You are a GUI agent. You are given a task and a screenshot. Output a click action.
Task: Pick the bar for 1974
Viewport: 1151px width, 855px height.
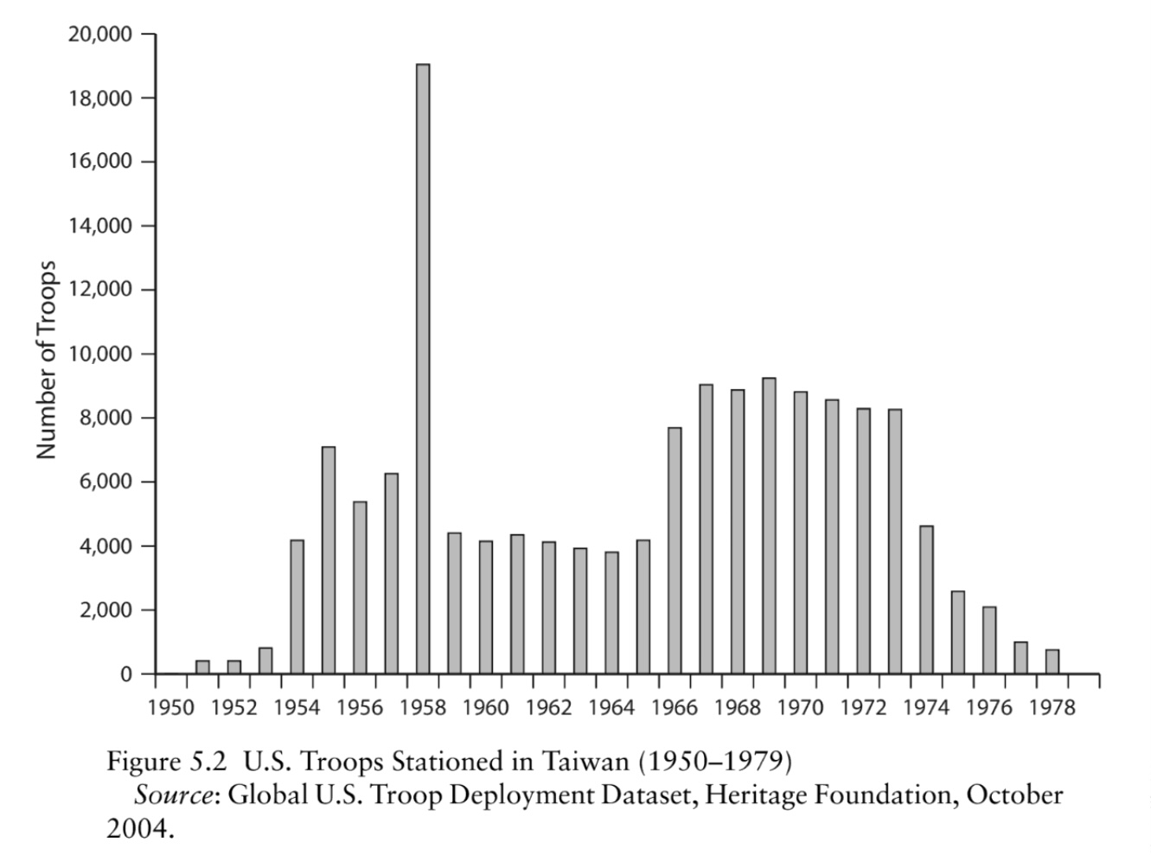[926, 600]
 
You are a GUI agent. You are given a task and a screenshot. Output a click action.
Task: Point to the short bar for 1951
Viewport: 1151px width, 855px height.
[202, 667]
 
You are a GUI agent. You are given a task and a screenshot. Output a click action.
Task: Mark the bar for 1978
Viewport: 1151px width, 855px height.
[1052, 662]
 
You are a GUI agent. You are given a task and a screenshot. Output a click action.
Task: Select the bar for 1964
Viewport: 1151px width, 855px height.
[611, 613]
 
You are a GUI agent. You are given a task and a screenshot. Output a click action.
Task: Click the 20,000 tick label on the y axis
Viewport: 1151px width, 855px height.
[99, 35]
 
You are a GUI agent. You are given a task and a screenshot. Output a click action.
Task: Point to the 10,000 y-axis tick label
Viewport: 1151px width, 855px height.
[99, 354]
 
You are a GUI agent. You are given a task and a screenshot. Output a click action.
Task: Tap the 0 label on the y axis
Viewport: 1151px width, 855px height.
[125, 674]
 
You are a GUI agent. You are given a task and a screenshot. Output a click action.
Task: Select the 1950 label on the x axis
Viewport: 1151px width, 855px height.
[171, 708]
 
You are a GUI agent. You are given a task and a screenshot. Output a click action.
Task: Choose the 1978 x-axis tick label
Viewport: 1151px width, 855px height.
[1052, 708]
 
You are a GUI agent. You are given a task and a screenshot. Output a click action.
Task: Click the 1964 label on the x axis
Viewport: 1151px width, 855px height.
[611, 708]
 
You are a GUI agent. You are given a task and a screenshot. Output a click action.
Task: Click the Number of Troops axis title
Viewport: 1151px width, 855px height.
[48, 360]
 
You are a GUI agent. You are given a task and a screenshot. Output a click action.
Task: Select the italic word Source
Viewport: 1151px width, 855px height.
[173, 795]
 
